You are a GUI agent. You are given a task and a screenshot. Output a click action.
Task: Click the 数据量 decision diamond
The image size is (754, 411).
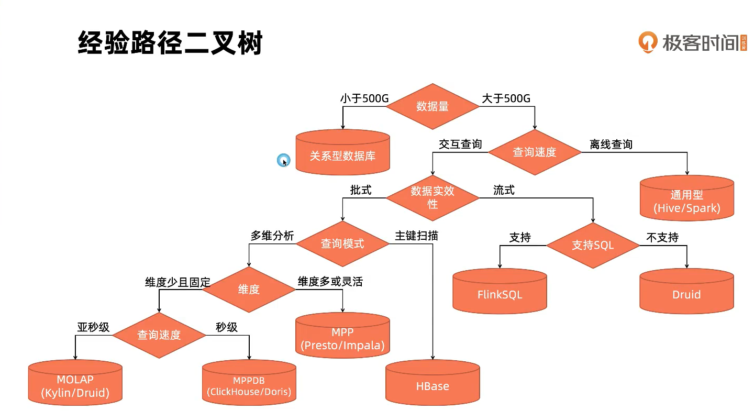[433, 106]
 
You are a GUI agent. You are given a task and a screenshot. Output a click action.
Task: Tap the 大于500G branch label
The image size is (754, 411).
[506, 98]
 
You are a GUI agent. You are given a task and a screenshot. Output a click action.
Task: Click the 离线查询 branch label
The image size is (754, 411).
[611, 144]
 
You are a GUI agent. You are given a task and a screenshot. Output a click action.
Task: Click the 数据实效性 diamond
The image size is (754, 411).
[433, 197]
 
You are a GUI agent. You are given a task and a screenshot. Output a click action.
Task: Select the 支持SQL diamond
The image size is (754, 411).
[593, 245]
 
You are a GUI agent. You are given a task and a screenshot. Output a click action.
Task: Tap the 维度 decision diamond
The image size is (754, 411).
[249, 289]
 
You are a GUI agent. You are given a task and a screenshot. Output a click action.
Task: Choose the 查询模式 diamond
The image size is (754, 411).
[342, 243]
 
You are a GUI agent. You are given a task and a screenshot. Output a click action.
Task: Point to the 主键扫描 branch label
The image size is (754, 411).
[416, 236]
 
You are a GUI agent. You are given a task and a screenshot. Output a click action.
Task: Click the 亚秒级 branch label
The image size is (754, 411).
[93, 327]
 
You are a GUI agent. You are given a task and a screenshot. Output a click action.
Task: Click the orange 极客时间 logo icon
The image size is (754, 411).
[647, 42]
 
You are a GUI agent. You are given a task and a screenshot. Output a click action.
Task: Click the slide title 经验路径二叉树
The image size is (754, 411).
[170, 43]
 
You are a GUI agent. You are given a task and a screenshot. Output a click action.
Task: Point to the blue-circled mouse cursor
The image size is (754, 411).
[283, 161]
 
